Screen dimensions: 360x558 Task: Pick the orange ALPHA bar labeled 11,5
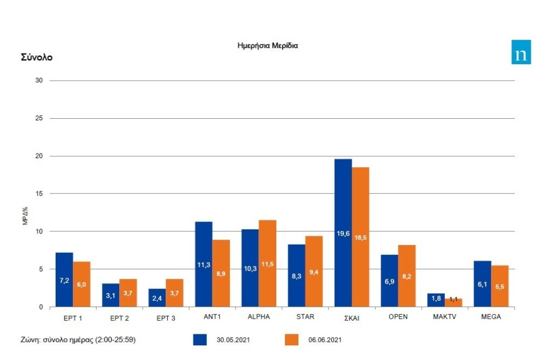pyautogui.click(x=268, y=263)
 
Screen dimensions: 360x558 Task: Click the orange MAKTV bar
pyautogui.click(x=453, y=302)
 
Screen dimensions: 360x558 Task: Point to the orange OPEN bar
pyautogui.click(x=407, y=276)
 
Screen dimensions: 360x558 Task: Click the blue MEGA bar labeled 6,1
pyautogui.click(x=482, y=284)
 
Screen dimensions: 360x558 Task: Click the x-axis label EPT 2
pyautogui.click(x=119, y=318)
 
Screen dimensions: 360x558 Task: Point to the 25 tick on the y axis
pyautogui.click(x=39, y=118)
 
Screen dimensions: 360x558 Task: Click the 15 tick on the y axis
pyautogui.click(x=39, y=193)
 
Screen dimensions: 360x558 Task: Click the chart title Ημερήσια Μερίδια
pyautogui.click(x=268, y=46)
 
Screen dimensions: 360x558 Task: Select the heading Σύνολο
pyautogui.click(x=37, y=57)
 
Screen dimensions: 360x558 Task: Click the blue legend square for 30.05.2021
pyautogui.click(x=201, y=340)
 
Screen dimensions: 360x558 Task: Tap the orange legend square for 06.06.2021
pyautogui.click(x=293, y=340)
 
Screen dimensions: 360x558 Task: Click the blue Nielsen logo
pyautogui.click(x=521, y=52)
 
